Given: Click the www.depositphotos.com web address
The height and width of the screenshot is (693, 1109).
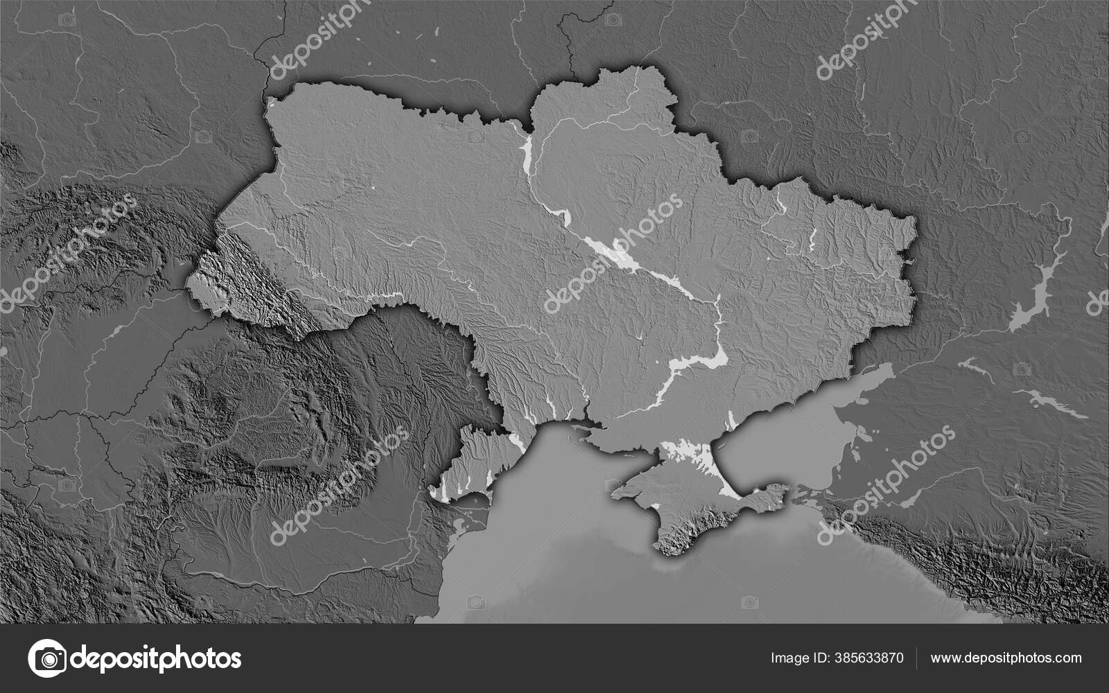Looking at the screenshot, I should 1006,658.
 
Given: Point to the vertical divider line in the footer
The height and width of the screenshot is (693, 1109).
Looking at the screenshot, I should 917,658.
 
